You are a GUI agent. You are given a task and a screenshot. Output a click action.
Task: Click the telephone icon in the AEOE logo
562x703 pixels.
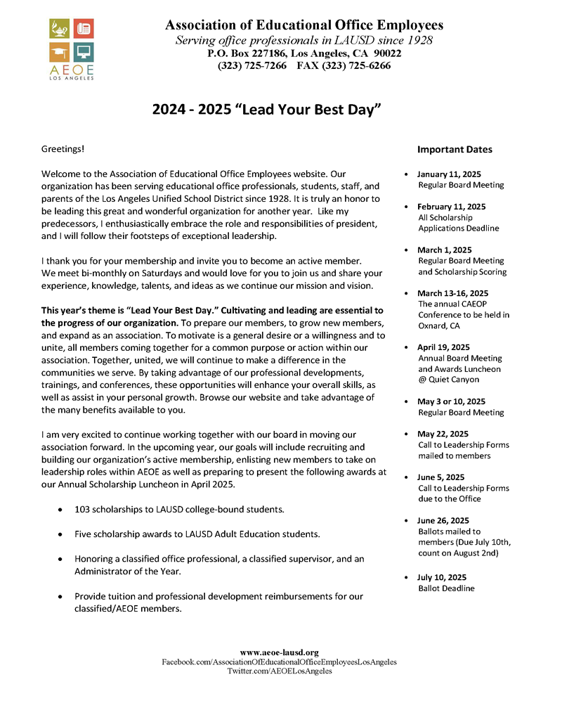(x=84, y=29)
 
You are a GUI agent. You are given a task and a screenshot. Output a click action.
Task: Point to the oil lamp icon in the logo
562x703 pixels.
(x=59, y=29)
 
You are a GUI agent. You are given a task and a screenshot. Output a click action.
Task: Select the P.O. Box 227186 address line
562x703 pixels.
(x=304, y=53)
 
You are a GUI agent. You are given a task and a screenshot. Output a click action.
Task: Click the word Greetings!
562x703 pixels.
(x=63, y=150)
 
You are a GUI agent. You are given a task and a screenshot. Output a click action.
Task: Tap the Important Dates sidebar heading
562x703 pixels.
(x=455, y=150)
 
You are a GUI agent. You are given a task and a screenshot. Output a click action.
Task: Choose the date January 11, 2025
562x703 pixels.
(x=449, y=174)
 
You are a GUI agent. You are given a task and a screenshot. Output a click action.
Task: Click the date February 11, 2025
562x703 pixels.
(x=451, y=207)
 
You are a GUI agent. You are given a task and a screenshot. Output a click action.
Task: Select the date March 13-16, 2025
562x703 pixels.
(x=452, y=293)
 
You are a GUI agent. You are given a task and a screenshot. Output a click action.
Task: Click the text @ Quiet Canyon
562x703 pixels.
(x=448, y=380)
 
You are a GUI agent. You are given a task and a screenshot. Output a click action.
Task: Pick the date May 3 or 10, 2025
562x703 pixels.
(x=451, y=401)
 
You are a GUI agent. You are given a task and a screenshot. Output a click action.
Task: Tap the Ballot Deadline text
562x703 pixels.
(x=446, y=588)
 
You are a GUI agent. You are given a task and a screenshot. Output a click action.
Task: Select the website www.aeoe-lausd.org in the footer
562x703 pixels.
(x=280, y=653)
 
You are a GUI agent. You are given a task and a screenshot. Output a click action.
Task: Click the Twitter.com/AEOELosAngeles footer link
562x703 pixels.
(x=280, y=671)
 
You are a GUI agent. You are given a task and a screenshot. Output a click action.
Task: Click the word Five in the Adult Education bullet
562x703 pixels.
(x=84, y=534)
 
